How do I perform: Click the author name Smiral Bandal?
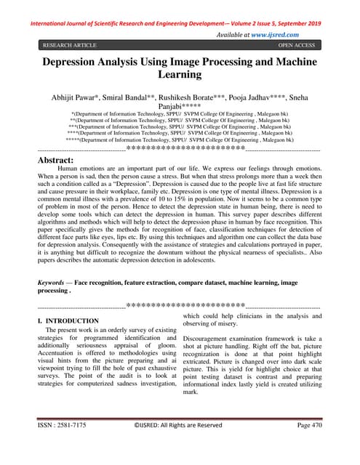(x=138, y=97)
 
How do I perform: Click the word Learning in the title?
(x=180, y=74)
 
